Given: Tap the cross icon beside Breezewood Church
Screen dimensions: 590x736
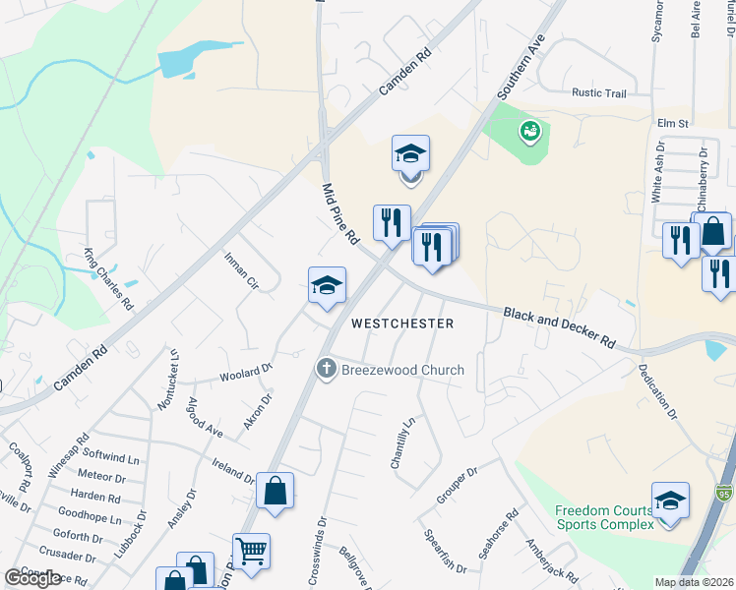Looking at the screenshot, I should point(327,370).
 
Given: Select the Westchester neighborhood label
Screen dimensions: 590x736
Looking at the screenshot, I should point(403,324).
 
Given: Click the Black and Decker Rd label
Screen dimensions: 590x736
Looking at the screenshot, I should point(559,327).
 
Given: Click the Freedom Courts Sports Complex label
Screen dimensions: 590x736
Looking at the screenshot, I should point(603,517).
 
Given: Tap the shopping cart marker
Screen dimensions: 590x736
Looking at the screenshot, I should point(251,551).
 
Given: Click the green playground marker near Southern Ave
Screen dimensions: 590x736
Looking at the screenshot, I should point(530,129).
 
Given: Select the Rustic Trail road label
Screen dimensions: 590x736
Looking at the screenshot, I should point(599,93).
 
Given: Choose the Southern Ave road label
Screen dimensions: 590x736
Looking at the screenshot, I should point(521,67).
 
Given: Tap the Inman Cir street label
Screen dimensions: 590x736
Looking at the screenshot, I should point(241,271).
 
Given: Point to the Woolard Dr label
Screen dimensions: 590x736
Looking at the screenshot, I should point(246,374).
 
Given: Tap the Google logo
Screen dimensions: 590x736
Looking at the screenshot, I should point(32,577).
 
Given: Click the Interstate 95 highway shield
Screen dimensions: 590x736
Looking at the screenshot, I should point(724,490).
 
